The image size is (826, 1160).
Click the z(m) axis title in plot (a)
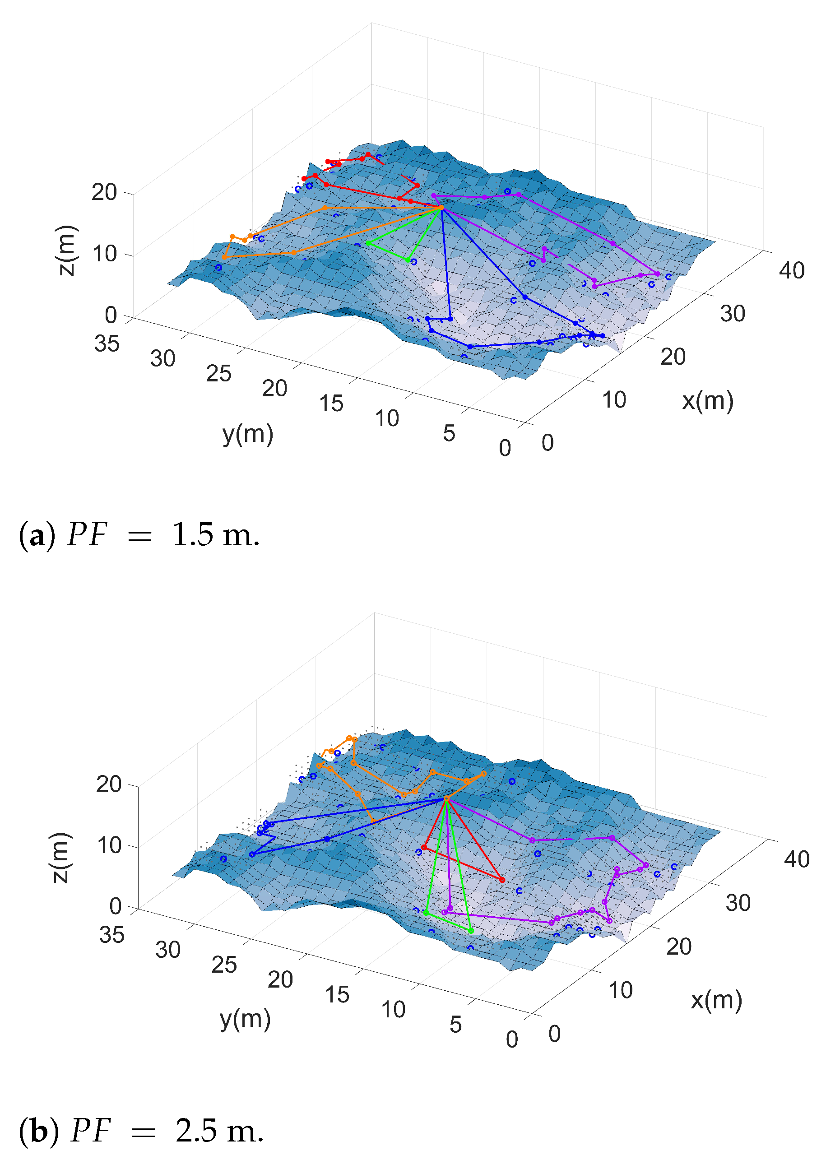tap(67, 250)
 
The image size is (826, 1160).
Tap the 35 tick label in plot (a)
tap(107, 344)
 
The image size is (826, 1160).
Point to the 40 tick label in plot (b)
tap(797, 859)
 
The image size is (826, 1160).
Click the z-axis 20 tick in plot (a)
tap(104, 192)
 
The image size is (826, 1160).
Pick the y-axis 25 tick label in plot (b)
tap(224, 965)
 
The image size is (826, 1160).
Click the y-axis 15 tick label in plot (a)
tap(331, 403)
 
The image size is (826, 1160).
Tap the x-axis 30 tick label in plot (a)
tap(733, 314)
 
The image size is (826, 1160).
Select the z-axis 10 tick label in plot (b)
tap(109, 845)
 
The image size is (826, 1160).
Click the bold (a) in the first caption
tap(37, 535)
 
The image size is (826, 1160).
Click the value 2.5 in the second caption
tap(196, 1131)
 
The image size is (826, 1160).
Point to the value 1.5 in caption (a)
tap(193, 535)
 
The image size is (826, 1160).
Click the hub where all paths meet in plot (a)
tap(441, 208)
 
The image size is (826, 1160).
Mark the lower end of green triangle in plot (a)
tap(408, 260)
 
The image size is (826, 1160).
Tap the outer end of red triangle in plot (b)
tap(502, 879)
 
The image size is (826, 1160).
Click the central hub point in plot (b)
tap(446, 798)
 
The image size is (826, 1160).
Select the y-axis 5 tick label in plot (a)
tap(449, 433)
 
